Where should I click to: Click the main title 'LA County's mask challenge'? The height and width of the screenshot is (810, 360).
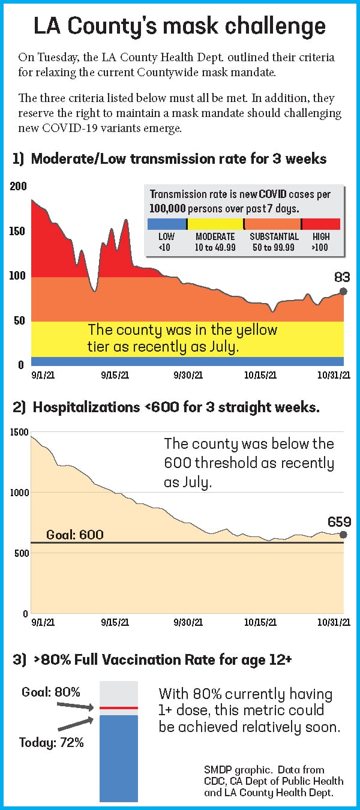point(180,26)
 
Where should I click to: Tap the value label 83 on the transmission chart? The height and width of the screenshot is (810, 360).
point(342,277)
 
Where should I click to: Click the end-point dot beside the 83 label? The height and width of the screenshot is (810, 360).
point(343,291)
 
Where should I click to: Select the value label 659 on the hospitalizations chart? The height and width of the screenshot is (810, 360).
point(339,521)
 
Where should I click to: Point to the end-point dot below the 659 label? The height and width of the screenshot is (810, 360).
point(343,535)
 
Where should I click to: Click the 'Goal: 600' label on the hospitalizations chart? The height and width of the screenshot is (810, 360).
point(75,535)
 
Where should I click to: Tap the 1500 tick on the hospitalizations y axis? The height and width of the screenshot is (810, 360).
point(20,432)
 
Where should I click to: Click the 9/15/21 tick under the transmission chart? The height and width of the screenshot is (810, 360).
point(115,375)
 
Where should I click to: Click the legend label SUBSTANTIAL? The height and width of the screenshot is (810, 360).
point(274,237)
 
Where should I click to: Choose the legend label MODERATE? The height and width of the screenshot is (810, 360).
point(215,237)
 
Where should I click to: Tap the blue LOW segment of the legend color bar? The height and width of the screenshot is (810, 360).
point(167,224)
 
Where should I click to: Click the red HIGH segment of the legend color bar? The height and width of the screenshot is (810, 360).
point(320,224)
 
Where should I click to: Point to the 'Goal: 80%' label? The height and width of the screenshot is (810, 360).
point(51,692)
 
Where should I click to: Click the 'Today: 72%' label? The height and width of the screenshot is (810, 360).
point(52,743)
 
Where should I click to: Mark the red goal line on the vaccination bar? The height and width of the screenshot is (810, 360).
point(119,708)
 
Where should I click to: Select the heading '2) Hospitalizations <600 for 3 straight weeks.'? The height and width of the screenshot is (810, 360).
point(166,407)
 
